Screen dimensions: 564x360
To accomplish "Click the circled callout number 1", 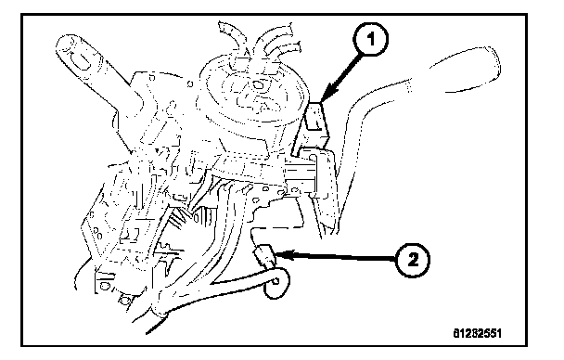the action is [x=370, y=39].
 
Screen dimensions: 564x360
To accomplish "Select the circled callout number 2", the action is [x=413, y=259].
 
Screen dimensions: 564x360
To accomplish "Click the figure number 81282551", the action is [x=477, y=333].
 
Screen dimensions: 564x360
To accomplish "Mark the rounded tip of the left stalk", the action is [x=65, y=45].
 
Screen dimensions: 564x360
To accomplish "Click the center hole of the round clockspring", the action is [x=258, y=85].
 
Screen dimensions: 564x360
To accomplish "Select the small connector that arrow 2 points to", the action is [x=264, y=255].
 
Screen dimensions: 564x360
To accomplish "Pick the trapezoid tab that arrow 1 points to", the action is [x=315, y=118].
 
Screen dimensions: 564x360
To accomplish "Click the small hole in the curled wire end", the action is [x=276, y=281].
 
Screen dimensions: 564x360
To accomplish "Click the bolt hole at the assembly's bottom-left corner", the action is [x=104, y=287].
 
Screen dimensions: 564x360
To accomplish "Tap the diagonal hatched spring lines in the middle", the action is [x=178, y=219].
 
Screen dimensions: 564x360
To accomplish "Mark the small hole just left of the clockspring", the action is [x=190, y=84].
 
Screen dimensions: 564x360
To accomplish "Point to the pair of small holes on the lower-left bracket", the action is [x=96, y=232].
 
